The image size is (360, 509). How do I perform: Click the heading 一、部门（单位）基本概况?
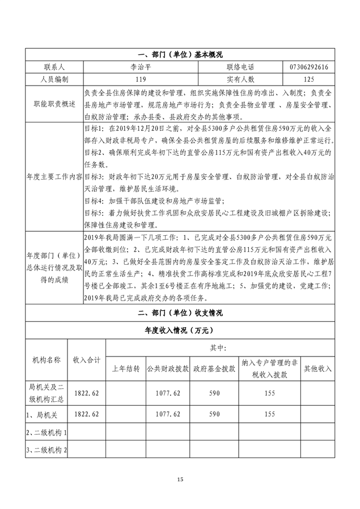pyautogui.click(x=180, y=55)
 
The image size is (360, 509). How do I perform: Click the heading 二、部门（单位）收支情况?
pyautogui.click(x=180, y=312)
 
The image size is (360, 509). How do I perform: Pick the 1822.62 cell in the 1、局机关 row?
pyautogui.click(x=87, y=414)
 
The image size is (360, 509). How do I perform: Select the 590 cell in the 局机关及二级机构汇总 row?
pyautogui.click(x=214, y=392)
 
